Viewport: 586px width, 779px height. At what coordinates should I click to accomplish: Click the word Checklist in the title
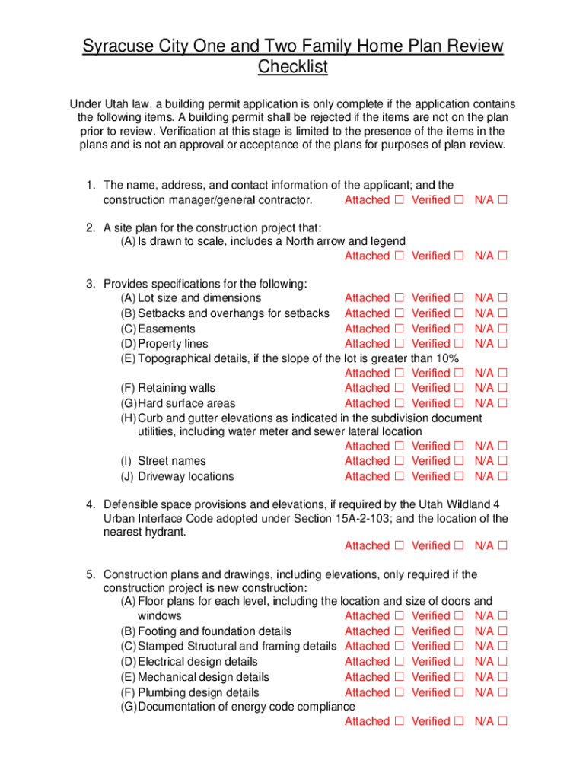click(x=293, y=67)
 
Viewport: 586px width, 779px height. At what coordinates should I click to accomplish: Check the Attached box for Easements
click(x=399, y=329)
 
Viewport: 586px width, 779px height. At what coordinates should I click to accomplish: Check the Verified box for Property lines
click(x=458, y=344)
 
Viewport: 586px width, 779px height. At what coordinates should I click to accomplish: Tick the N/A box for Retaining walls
click(x=502, y=388)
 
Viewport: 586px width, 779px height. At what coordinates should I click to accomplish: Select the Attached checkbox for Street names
click(x=399, y=461)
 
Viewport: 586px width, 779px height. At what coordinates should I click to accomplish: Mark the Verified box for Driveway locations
click(x=458, y=476)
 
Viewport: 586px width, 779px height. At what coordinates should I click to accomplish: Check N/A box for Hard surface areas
click(x=502, y=403)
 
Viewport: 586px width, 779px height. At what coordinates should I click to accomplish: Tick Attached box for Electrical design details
click(x=399, y=662)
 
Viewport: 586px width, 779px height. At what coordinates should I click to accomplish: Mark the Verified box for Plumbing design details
click(x=458, y=692)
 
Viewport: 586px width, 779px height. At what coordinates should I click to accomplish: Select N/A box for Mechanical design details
click(x=502, y=677)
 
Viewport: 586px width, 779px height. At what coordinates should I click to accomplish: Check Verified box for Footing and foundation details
click(x=458, y=631)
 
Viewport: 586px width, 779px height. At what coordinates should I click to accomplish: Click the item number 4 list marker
click(x=89, y=504)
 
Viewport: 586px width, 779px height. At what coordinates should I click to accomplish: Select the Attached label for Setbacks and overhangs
click(x=366, y=313)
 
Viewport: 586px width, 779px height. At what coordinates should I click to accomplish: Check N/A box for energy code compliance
click(x=502, y=721)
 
